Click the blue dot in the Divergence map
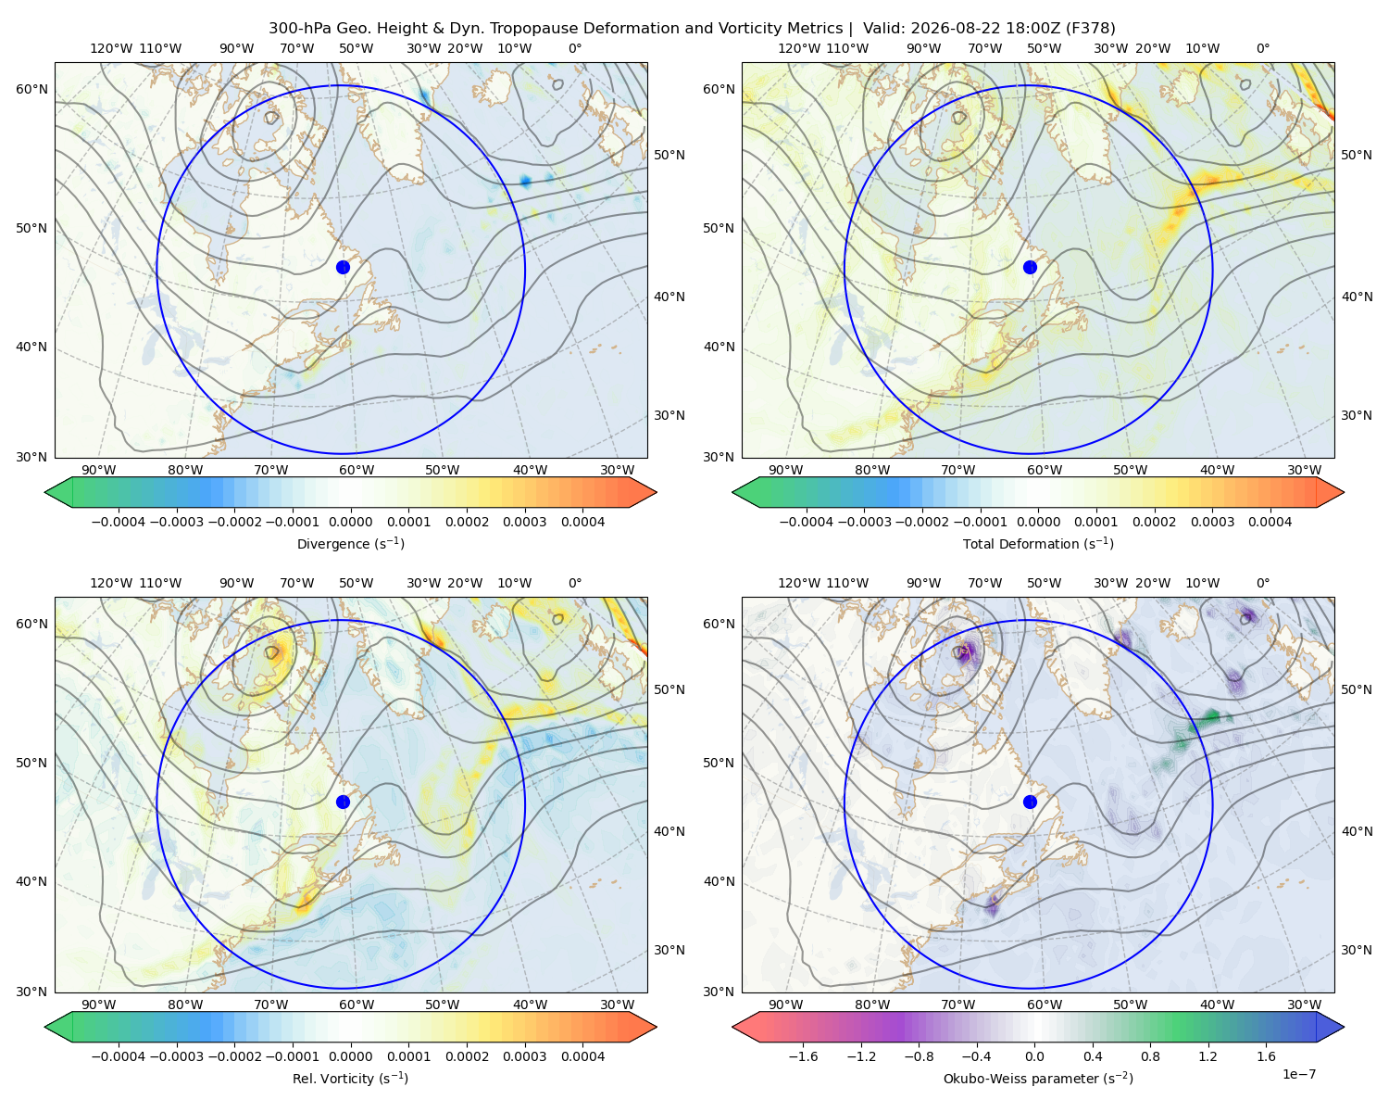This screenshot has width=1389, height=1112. point(343,268)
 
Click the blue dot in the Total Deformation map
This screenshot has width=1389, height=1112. point(1030,268)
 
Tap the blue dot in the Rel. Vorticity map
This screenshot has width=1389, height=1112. point(343,802)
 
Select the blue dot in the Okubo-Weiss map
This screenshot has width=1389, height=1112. point(1030,802)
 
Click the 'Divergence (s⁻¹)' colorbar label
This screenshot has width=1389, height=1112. point(350,544)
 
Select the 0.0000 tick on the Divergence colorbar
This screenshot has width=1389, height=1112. point(350,522)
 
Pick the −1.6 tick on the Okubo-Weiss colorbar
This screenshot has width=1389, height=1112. point(803,1056)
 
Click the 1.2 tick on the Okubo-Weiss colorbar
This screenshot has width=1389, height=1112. point(1208,1056)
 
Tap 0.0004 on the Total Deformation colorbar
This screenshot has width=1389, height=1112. point(1270,522)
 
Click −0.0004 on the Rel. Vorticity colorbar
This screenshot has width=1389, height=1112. point(119,1056)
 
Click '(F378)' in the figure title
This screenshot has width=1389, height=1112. point(1090,29)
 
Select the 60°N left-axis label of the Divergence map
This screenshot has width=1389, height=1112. point(31,89)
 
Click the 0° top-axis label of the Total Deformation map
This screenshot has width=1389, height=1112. point(1263,48)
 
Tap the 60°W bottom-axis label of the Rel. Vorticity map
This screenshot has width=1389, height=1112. point(357,1005)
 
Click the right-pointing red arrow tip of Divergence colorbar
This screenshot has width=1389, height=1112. point(657,492)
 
